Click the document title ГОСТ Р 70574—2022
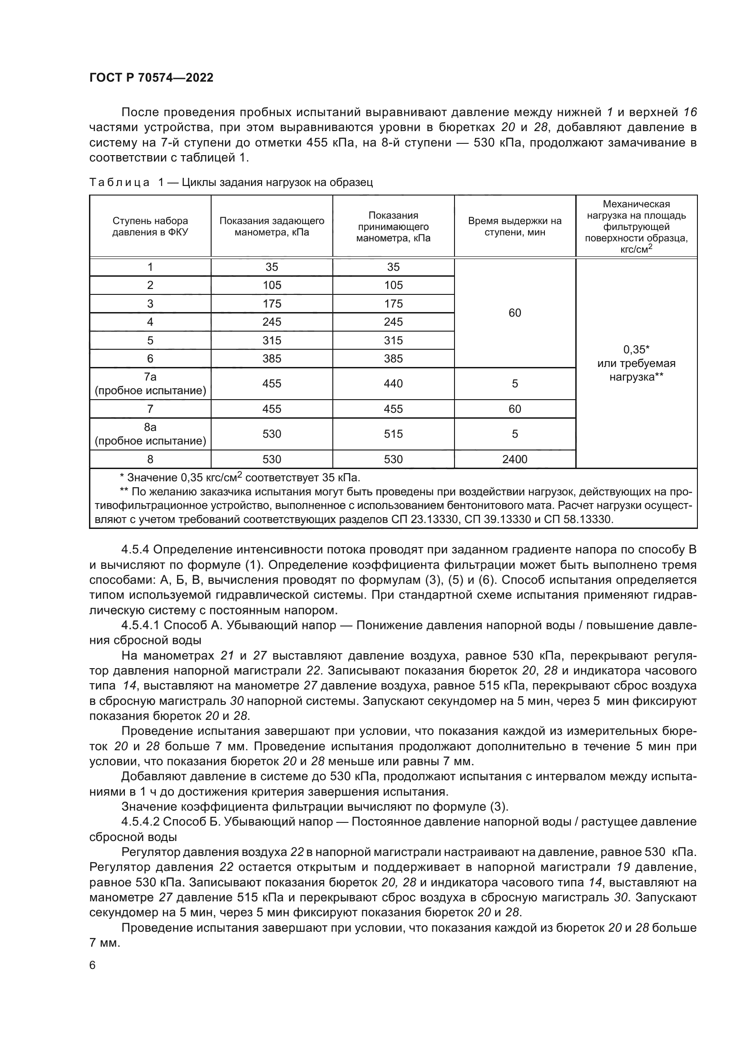(151, 78)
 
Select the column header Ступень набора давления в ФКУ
(150, 226)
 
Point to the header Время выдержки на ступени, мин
(515, 226)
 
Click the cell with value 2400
(515, 460)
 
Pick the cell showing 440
(393, 384)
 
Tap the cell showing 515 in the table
(393, 434)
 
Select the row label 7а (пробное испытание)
(150, 384)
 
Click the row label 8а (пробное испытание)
(150, 434)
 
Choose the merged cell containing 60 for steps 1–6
(515, 313)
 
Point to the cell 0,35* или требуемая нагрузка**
(636, 363)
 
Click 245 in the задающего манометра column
(272, 322)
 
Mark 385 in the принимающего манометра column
(393, 359)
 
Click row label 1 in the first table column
(150, 267)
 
